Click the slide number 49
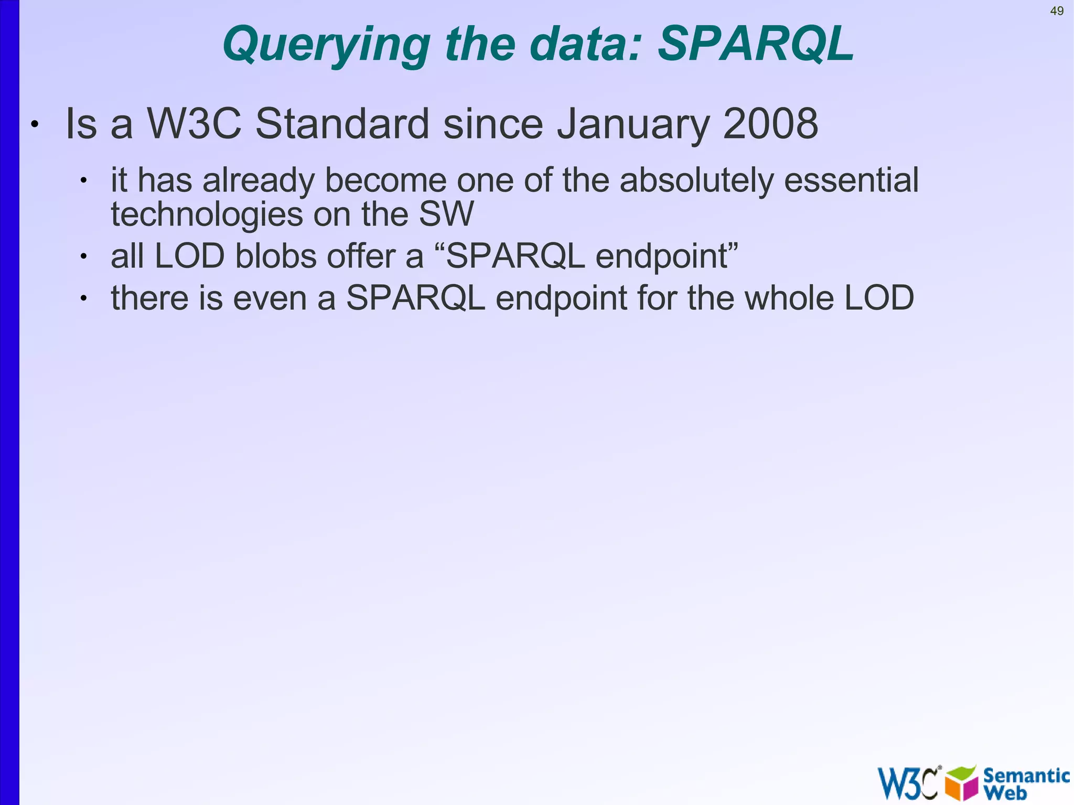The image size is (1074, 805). coord(1057,11)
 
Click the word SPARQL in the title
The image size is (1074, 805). coord(756,44)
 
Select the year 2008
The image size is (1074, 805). coord(770,124)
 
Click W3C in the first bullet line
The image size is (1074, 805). coord(194,124)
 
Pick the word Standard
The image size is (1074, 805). coord(342,124)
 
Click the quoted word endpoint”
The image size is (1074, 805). coord(667,257)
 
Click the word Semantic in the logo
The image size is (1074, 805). coord(1026,775)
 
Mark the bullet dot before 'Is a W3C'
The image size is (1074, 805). coord(35,125)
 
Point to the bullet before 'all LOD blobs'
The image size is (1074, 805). coord(83,256)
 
